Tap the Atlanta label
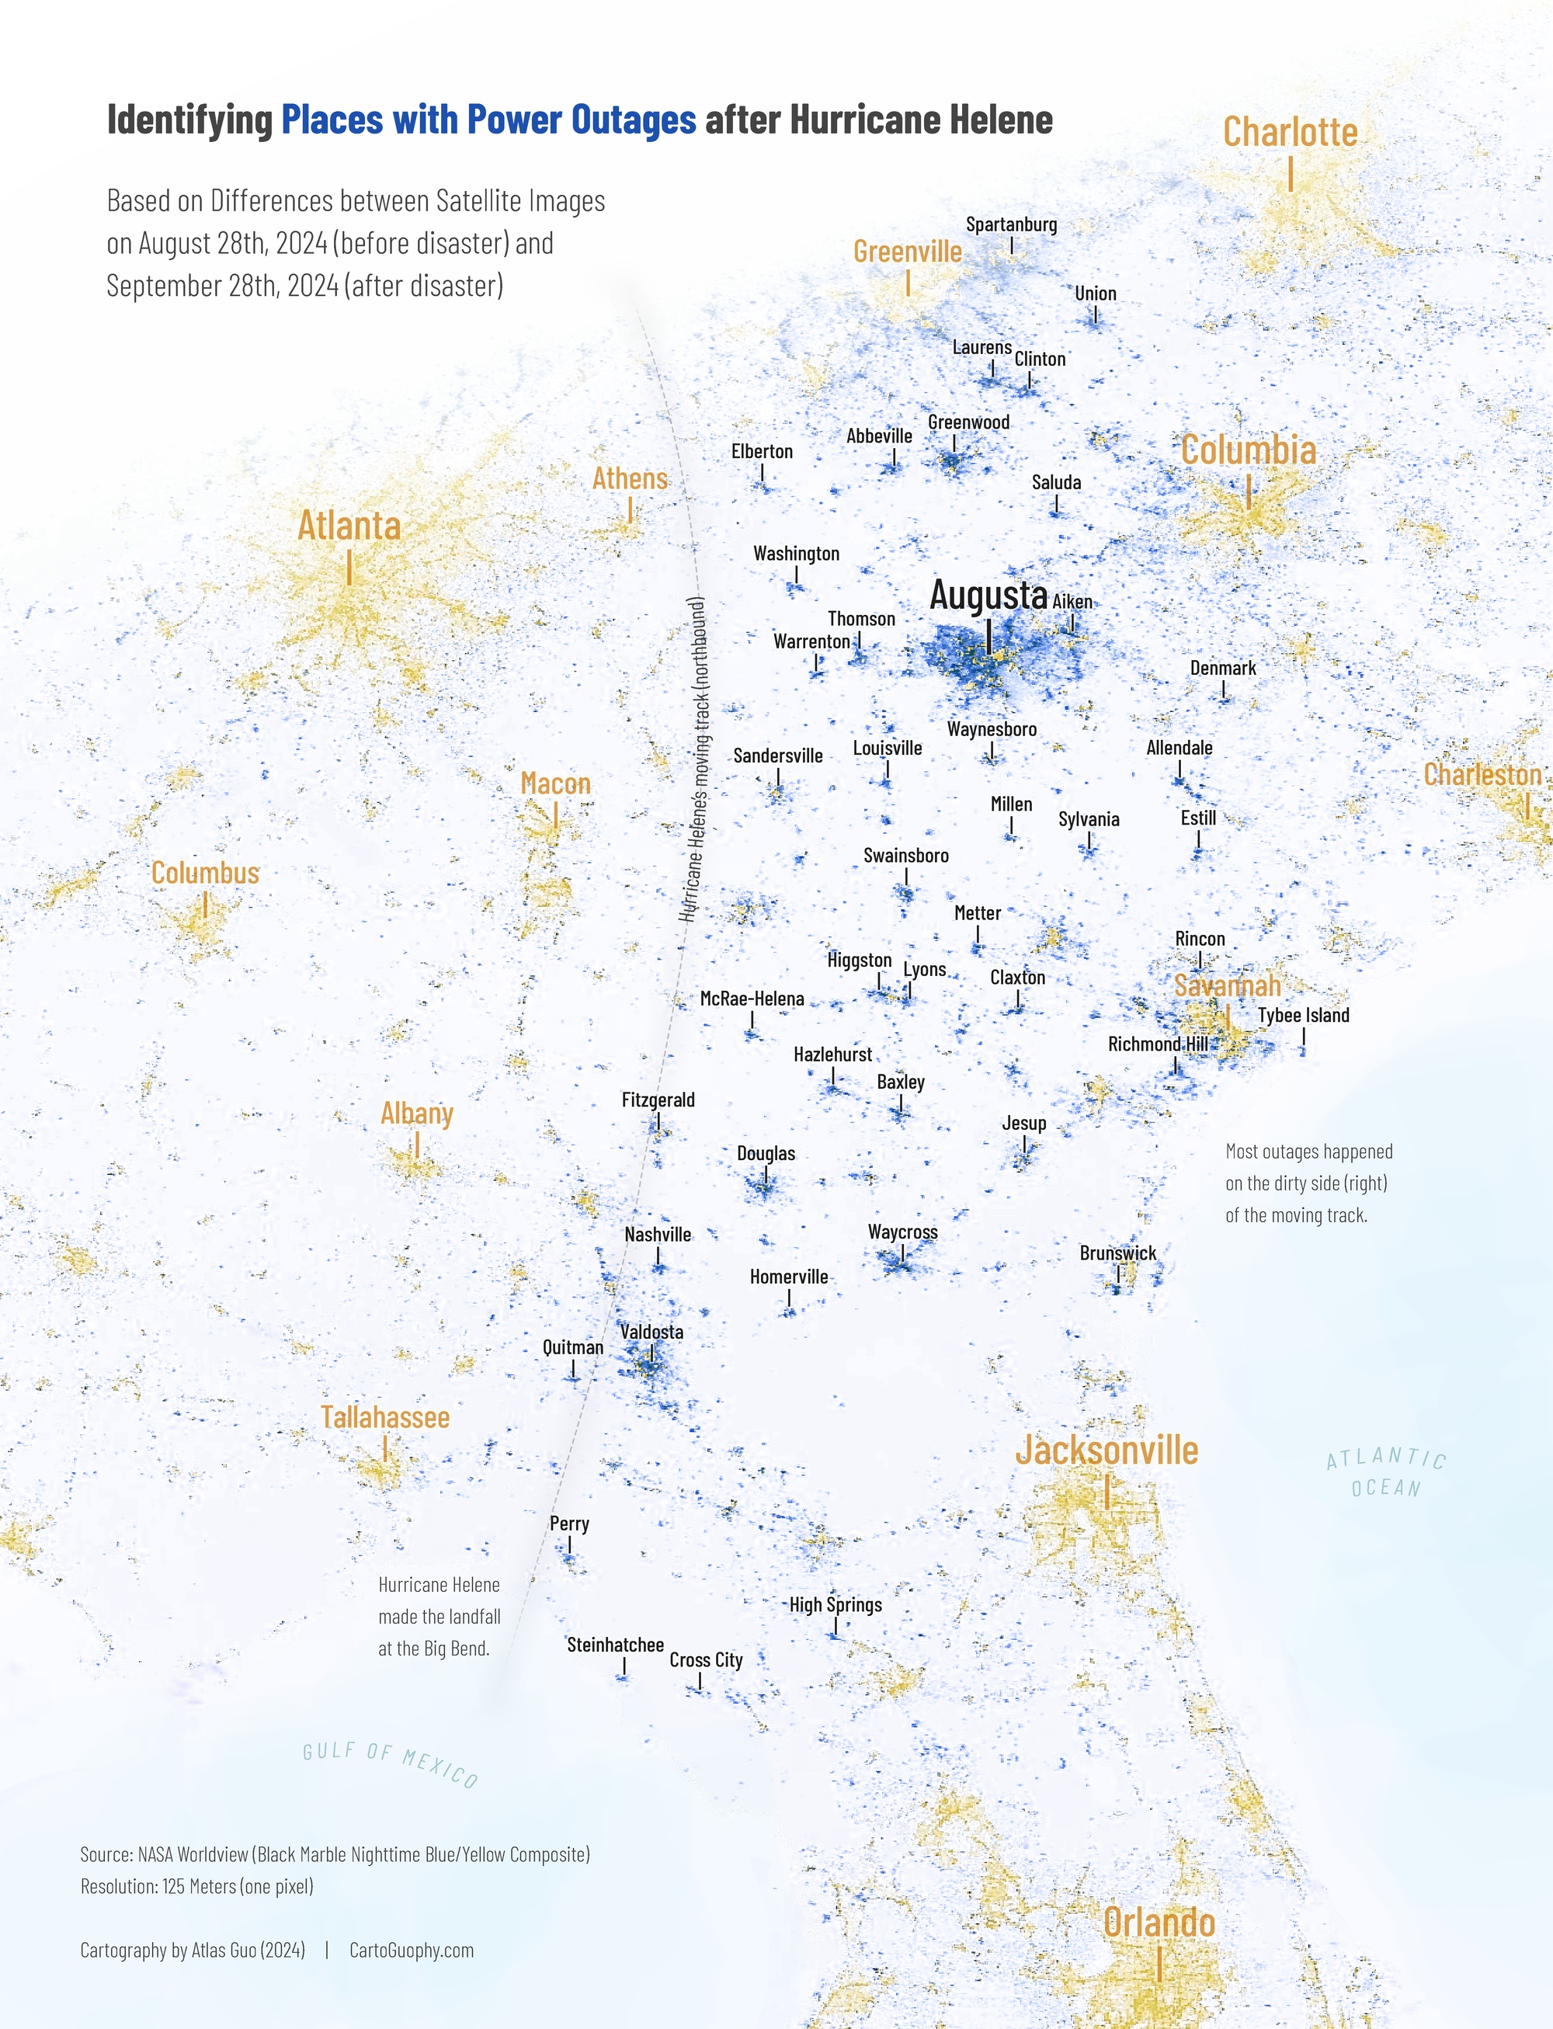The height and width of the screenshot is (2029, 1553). pyautogui.click(x=349, y=526)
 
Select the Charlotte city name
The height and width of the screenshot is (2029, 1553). pyautogui.click(x=1290, y=132)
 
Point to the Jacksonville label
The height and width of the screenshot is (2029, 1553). pyautogui.click(x=1107, y=1451)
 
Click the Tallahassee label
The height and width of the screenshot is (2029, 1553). pyautogui.click(x=384, y=1417)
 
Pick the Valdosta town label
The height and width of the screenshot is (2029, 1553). pyautogui.click(x=651, y=1332)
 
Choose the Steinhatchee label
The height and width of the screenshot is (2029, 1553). pyautogui.click(x=615, y=1645)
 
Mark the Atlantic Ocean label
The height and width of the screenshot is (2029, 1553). pyautogui.click(x=1386, y=1472)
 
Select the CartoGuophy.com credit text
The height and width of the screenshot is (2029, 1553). pyautogui.click(x=412, y=1951)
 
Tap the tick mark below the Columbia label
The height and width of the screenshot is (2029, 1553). pyautogui.click(x=1248, y=491)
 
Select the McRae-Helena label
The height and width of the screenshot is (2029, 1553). pyautogui.click(x=752, y=999)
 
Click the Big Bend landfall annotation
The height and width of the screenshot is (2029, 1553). pyautogui.click(x=439, y=1617)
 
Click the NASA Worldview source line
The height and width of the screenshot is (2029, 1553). pyautogui.click(x=335, y=1854)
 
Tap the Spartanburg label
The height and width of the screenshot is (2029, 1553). pyautogui.click(x=1011, y=224)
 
